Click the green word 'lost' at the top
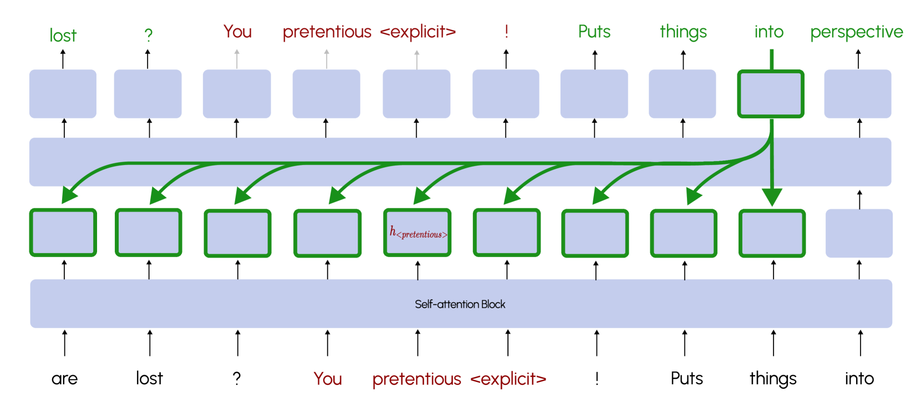click(63, 36)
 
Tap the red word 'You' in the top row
click(237, 32)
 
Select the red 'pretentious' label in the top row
click(327, 32)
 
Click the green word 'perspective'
click(856, 32)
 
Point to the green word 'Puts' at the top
click(594, 32)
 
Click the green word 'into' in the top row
click(769, 32)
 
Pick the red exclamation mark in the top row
click(506, 32)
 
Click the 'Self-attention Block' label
click(460, 304)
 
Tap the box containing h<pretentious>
click(418, 233)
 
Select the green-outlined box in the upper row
click(771, 94)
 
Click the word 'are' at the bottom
click(64, 379)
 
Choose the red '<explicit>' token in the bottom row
click(508, 379)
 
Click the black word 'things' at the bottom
click(773, 379)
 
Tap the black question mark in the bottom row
click(237, 379)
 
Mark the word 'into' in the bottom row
click(859, 379)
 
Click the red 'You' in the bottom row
click(328, 379)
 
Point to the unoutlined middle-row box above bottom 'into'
click(858, 233)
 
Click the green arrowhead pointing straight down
click(772, 197)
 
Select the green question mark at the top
click(148, 35)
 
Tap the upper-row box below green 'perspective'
click(857, 94)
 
